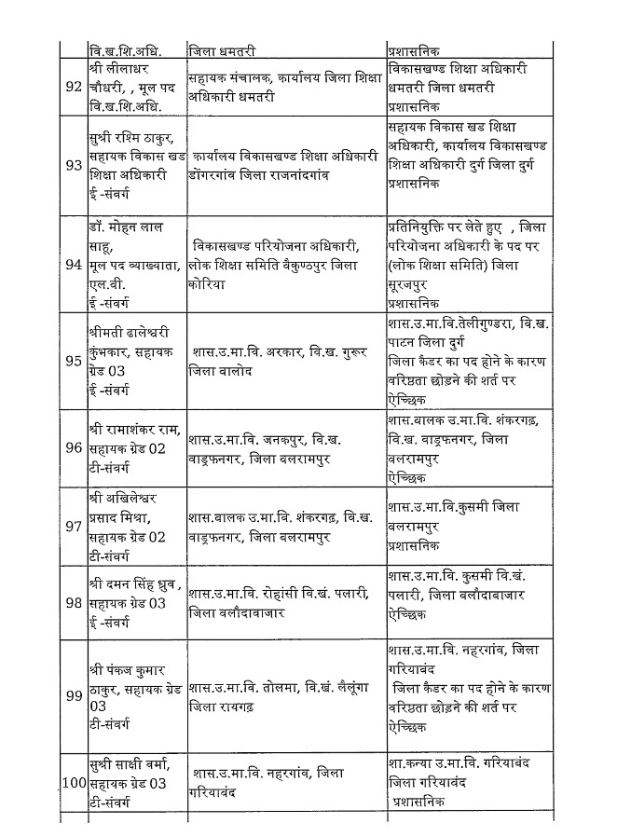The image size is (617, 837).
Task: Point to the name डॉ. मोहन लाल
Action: coord(127,229)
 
